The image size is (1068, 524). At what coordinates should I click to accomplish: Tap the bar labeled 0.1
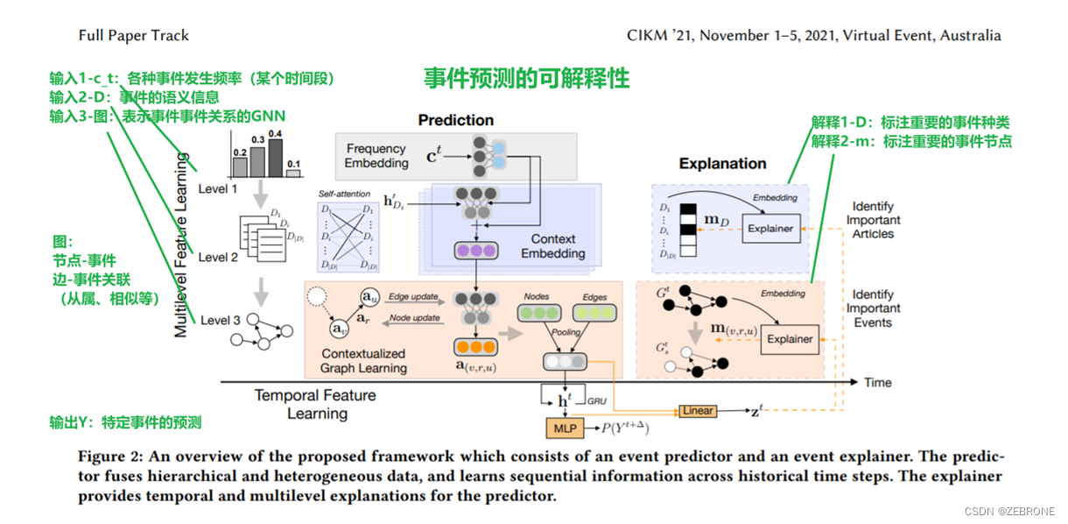click(293, 173)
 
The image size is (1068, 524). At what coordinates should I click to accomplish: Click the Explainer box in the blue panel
click(770, 229)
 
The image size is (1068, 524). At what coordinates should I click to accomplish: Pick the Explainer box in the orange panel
click(790, 339)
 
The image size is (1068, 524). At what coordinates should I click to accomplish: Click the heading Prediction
click(455, 120)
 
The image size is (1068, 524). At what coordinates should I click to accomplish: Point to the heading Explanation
click(722, 163)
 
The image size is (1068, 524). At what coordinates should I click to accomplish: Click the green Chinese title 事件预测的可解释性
click(526, 78)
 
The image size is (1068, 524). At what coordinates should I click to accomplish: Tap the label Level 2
click(218, 257)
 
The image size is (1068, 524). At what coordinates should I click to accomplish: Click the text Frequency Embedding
click(376, 156)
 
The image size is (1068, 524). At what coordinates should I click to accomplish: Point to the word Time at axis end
click(877, 382)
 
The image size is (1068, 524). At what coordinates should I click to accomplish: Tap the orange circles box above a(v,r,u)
click(474, 347)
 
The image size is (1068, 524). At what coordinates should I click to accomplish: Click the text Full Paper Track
click(133, 36)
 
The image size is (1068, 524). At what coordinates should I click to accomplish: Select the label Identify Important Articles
click(873, 220)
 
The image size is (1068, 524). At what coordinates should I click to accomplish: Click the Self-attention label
click(341, 193)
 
